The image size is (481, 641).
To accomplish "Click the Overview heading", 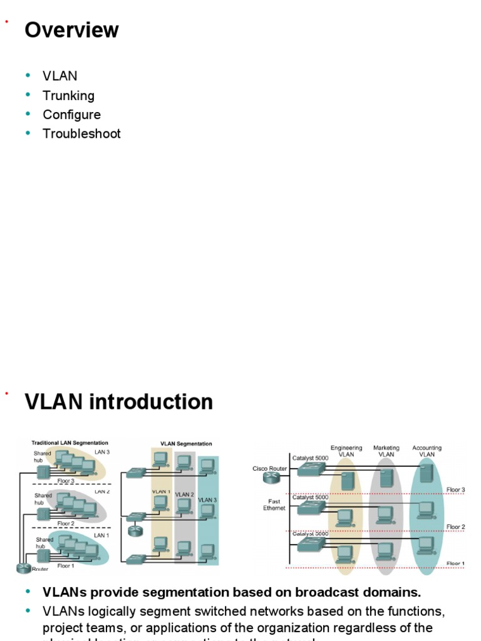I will tap(71, 30).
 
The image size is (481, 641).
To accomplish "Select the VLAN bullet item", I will tap(60, 76).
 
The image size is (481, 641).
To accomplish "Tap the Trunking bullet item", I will tap(68, 96).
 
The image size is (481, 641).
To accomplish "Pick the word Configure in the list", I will tap(71, 115).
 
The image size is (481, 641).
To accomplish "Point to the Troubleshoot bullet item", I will tap(81, 133).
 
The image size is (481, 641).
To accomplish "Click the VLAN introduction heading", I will tap(118, 402).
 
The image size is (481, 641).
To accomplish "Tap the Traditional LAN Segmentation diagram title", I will tap(70, 443).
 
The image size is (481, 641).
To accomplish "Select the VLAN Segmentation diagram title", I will tap(186, 444).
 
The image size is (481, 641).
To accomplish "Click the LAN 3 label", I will tap(102, 452).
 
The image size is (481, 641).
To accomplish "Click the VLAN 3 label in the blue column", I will tap(207, 500).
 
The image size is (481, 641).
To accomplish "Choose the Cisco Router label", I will tap(269, 468).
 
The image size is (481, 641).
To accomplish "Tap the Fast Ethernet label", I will tap(274, 505).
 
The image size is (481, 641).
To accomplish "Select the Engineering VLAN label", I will tap(346, 451).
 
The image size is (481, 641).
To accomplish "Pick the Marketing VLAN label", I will tap(386, 451).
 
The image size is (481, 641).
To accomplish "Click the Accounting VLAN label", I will tap(427, 451).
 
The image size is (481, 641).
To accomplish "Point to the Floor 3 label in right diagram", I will tap(455, 490).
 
